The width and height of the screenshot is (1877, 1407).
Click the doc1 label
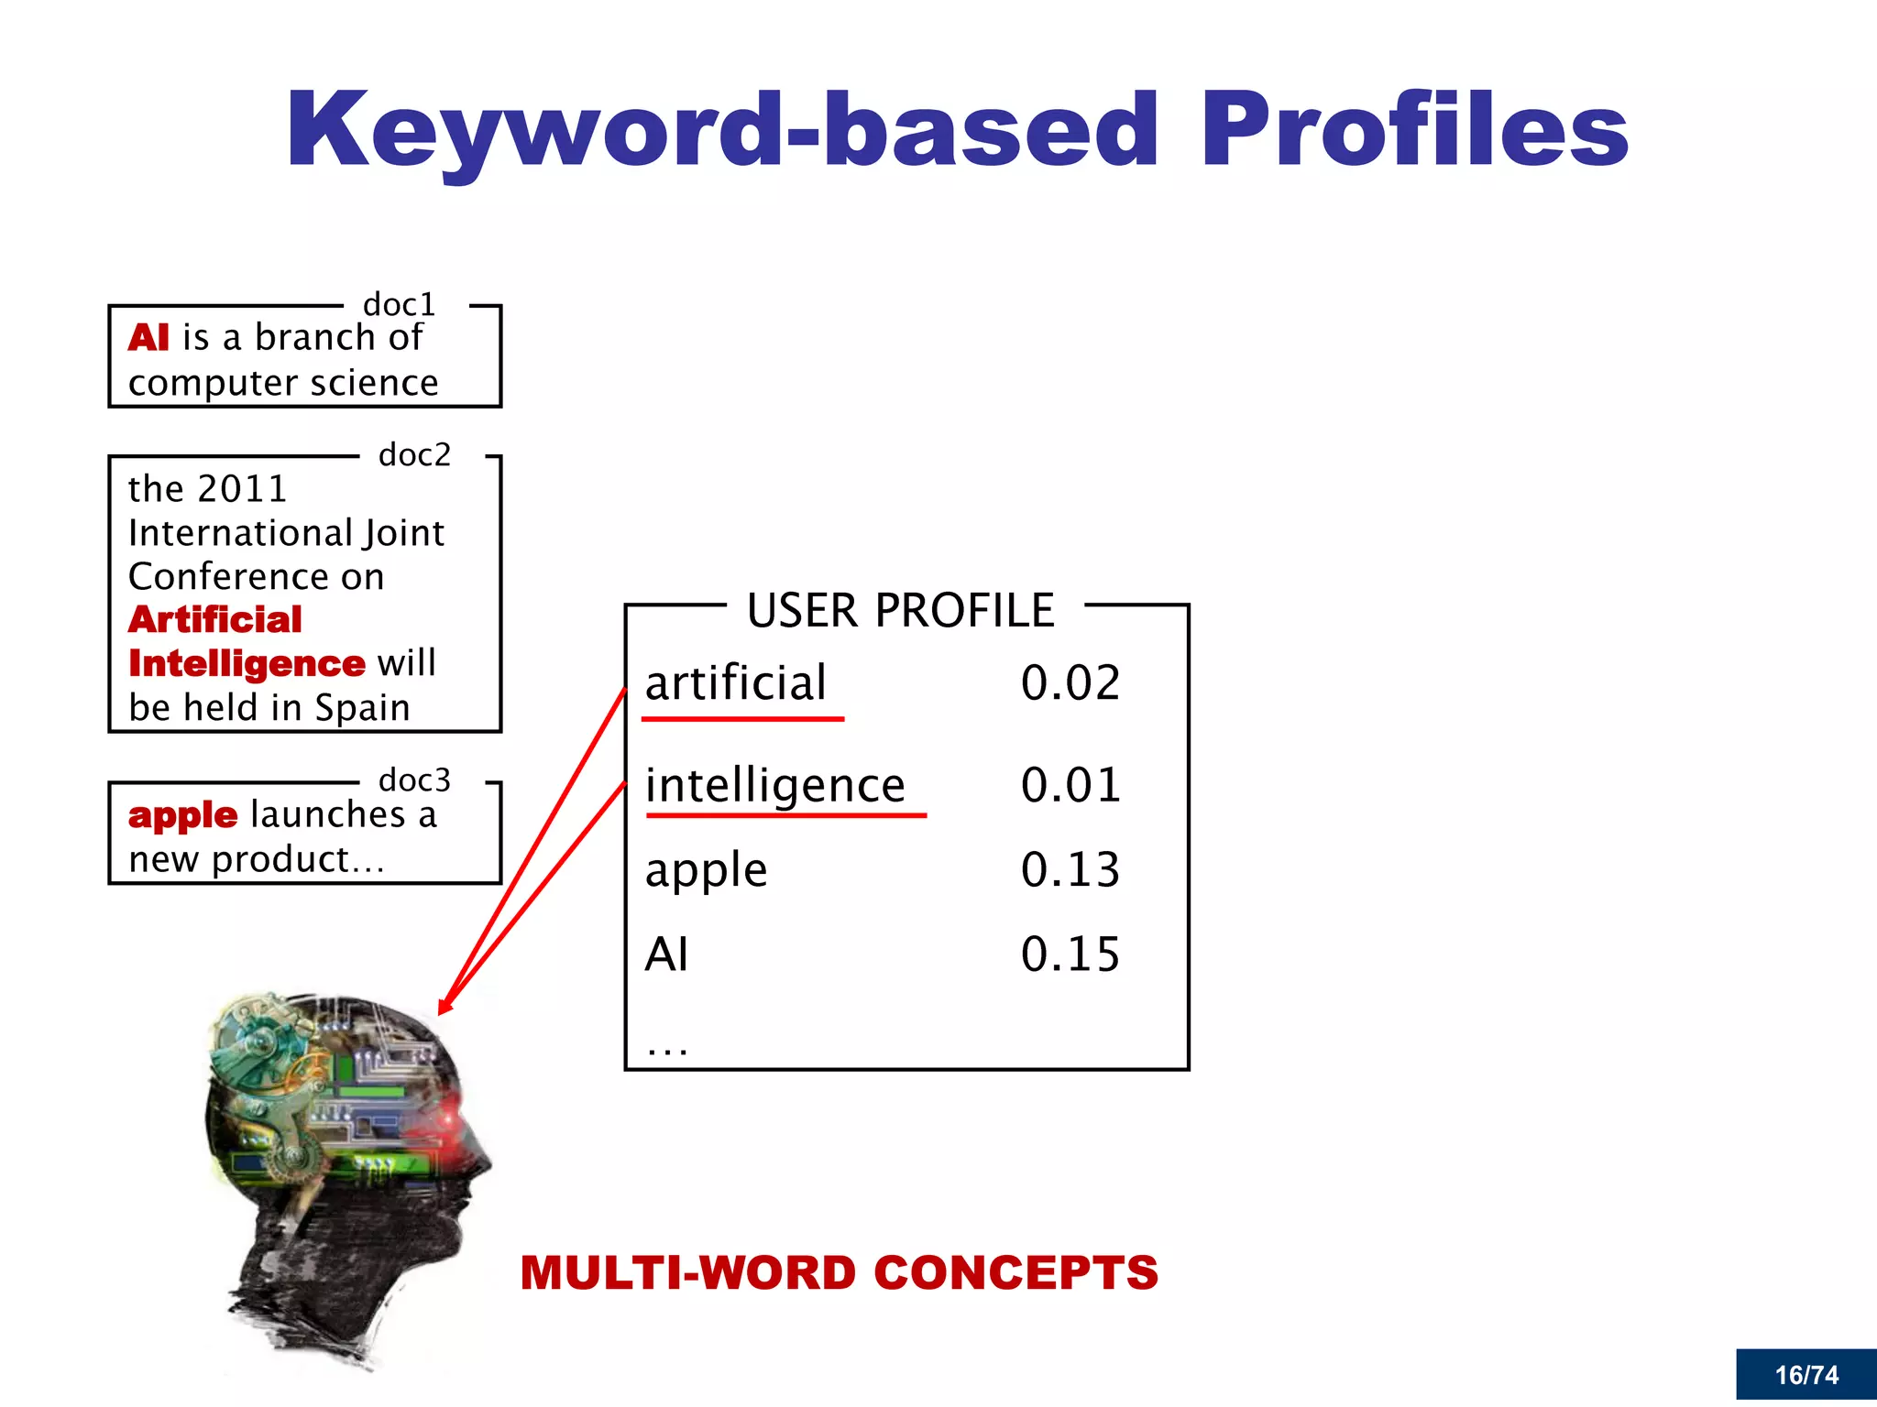tap(399, 304)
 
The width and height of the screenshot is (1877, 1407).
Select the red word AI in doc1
tap(148, 338)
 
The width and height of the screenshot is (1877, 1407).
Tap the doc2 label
tap(414, 454)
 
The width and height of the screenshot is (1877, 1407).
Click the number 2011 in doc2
tap(242, 489)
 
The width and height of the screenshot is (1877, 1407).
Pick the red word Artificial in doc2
tap(215, 620)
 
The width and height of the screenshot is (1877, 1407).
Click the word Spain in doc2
tap(362, 708)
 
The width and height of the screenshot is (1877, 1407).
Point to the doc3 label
tap(414, 780)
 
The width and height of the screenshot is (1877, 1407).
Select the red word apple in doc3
tap(182, 815)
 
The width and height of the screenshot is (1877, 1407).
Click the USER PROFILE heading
tap(900, 611)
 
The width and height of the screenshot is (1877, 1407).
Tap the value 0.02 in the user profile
tap(1070, 683)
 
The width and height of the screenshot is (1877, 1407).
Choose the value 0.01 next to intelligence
tap(1070, 786)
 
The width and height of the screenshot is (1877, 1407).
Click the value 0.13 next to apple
tap(1070, 870)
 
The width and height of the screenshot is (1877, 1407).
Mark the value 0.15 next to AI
tap(1070, 954)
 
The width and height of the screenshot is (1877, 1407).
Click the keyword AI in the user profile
tap(666, 954)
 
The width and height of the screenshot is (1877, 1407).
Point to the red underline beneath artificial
tap(742, 720)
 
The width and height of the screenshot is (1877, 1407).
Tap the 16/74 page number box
tap(1806, 1375)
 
